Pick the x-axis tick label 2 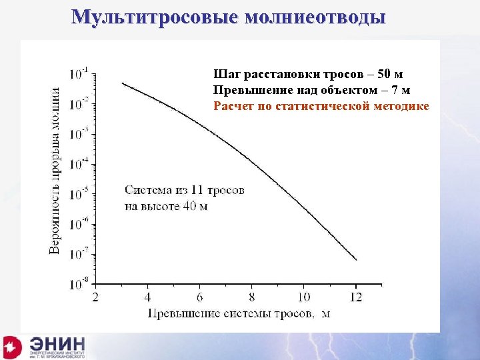pos(96,297)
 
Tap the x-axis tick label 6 pos(200,297)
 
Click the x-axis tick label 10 pos(303,297)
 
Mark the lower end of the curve pos(357,259)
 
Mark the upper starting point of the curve pos(123,83)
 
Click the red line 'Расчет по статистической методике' pos(321,106)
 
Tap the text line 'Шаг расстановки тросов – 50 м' pos(308,73)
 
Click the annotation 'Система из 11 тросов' pos(185,190)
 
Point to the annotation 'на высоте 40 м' pos(166,206)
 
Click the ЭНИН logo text pos(57,345)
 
